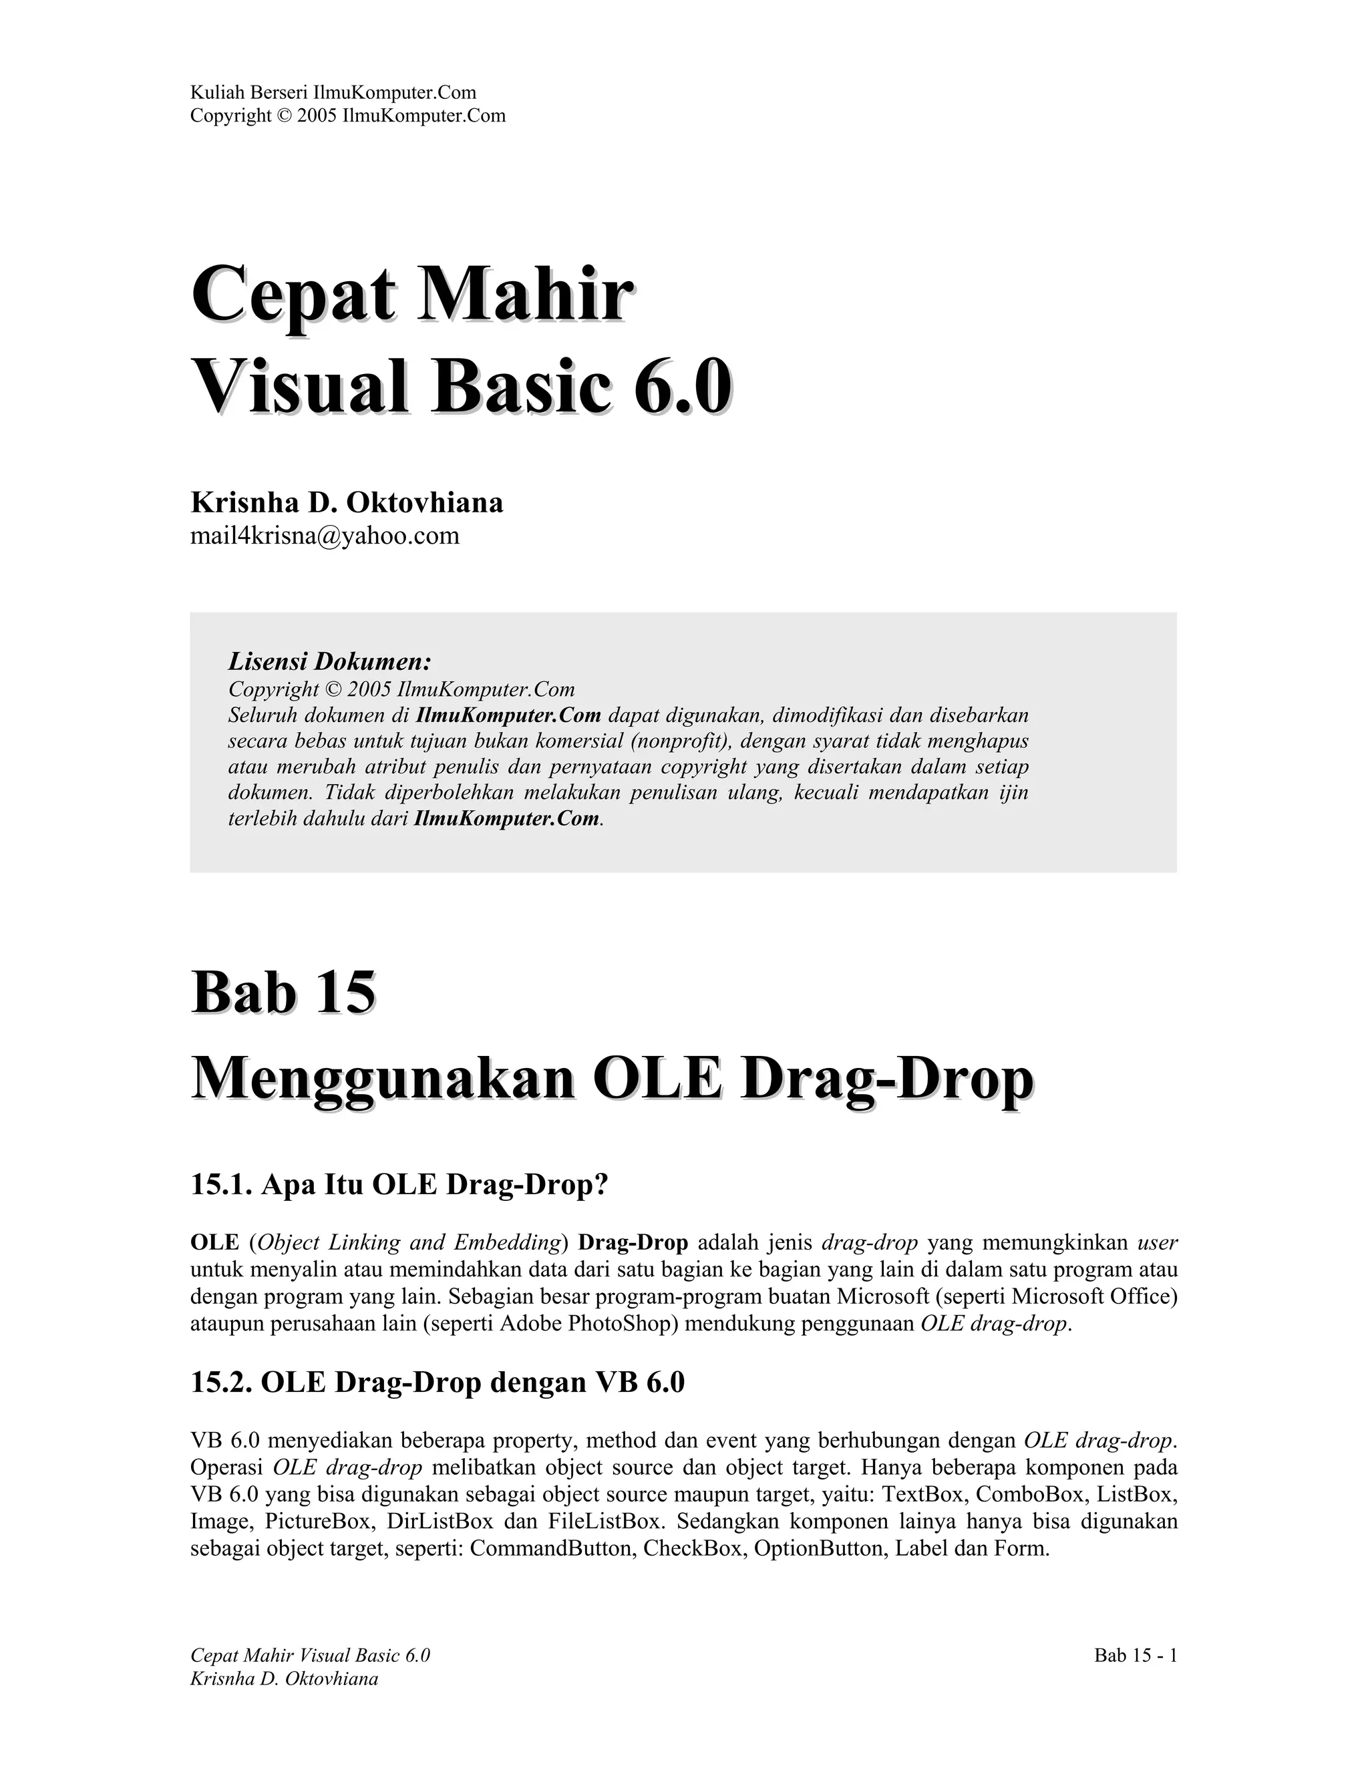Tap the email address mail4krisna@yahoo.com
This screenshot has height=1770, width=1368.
click(x=324, y=536)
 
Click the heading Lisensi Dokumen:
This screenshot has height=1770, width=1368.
click(x=329, y=661)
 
